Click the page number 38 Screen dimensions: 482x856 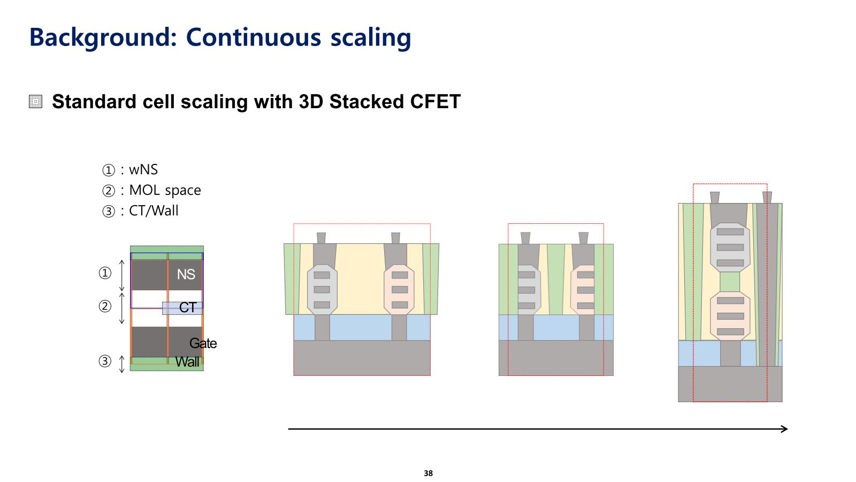pyautogui.click(x=428, y=473)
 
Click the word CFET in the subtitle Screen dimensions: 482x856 pyautogui.click(x=433, y=102)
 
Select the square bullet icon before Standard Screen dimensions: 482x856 pyautogui.click(x=36, y=102)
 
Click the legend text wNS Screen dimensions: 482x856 pyautogui.click(x=143, y=170)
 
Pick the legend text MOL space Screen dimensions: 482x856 pyautogui.click(x=165, y=190)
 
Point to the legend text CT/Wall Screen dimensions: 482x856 pyautogui.click(x=154, y=210)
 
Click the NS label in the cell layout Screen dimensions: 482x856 pyautogui.click(x=186, y=274)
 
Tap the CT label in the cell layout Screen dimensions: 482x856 pyautogui.click(x=188, y=307)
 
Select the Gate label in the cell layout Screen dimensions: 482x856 pyautogui.click(x=203, y=343)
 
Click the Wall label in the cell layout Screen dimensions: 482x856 pyautogui.click(x=187, y=362)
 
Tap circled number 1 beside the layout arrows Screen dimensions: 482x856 pyautogui.click(x=105, y=273)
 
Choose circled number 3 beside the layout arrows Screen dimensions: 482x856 pyautogui.click(x=105, y=361)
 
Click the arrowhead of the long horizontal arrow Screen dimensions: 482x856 pyautogui.click(x=784, y=428)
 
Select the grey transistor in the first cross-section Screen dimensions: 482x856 pyautogui.click(x=322, y=289)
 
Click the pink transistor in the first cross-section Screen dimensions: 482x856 pyautogui.click(x=400, y=289)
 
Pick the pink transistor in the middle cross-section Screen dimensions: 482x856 pyautogui.click(x=583, y=290)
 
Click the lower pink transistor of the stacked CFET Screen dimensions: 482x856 pyautogui.click(x=730, y=316)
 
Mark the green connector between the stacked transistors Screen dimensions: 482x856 pyautogui.click(x=730, y=282)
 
